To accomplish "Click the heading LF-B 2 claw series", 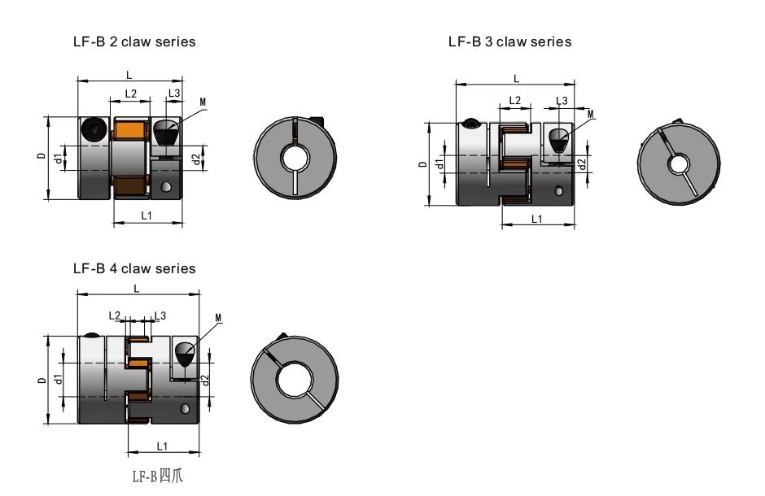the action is coord(134,42).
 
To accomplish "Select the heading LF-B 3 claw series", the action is coord(509,42).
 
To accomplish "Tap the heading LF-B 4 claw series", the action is coord(134,268).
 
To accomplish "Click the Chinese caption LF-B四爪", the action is coord(158,476).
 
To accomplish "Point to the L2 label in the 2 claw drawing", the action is coord(131,94).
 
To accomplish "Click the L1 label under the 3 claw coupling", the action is coord(536,220).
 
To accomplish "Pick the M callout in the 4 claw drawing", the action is coord(218,318).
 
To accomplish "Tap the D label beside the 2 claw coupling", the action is coord(42,156).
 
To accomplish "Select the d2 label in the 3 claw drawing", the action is coord(582,164).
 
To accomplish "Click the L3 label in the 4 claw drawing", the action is coord(160,315).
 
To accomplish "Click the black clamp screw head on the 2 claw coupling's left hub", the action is coord(94,129).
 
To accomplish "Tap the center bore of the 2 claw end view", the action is coord(295,158).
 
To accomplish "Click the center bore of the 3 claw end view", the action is coord(677,165).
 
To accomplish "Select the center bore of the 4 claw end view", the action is coord(294,380).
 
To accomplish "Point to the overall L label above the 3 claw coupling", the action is coord(516,79).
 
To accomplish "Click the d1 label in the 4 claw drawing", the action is coord(59,379).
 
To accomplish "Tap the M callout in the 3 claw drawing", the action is coord(591,115).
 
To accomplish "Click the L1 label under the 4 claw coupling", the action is coord(162,446).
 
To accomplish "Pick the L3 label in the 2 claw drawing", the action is coord(174,93).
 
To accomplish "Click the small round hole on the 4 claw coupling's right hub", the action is coord(185,409).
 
